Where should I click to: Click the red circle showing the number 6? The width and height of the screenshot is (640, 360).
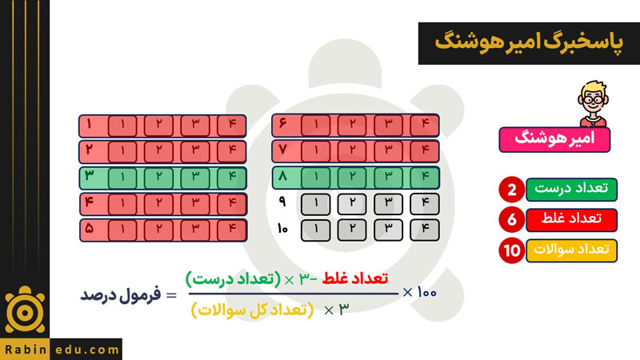tap(511, 219)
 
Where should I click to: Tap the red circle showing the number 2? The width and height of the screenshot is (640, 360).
tap(511, 190)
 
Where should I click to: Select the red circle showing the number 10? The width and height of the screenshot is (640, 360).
tap(511, 250)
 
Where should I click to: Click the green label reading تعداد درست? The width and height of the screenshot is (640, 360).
tap(571, 190)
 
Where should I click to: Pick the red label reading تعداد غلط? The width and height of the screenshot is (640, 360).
tap(571, 219)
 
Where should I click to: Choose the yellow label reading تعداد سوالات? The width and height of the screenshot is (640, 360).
tap(571, 250)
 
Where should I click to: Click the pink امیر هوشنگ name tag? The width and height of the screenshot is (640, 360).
tap(554, 139)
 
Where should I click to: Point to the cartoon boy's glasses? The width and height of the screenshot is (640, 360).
tap(592, 99)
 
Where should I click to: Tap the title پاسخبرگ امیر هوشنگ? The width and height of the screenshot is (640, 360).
tap(529, 42)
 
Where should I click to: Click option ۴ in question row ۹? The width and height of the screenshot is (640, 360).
tap(425, 204)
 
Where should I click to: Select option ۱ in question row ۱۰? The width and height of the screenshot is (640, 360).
tap(315, 230)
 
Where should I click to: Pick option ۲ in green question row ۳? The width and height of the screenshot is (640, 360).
tap(158, 178)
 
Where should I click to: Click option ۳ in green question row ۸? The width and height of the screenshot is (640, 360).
tap(388, 177)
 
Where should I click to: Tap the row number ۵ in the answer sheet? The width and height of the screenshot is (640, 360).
tap(90, 229)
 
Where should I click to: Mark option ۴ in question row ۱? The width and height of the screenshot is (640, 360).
tap(232, 126)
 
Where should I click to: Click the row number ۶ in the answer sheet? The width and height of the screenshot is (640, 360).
tap(282, 123)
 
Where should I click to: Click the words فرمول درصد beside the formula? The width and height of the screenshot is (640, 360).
tap(121, 294)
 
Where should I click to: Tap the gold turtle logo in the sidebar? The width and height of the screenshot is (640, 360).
tap(25, 310)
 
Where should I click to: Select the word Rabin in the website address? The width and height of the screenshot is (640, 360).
tap(26, 350)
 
